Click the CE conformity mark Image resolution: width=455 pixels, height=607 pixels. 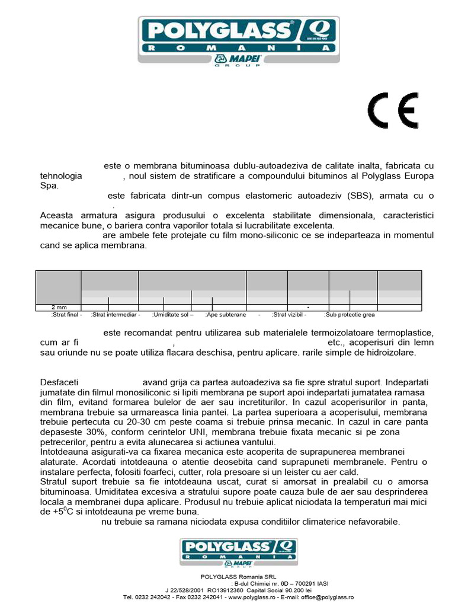tap(393, 111)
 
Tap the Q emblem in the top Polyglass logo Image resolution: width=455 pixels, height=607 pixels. tap(320, 28)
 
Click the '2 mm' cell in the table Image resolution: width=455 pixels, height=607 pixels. tap(59, 308)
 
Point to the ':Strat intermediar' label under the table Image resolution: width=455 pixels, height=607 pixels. tap(116, 315)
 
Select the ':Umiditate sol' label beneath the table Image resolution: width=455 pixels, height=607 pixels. tap(173, 315)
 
